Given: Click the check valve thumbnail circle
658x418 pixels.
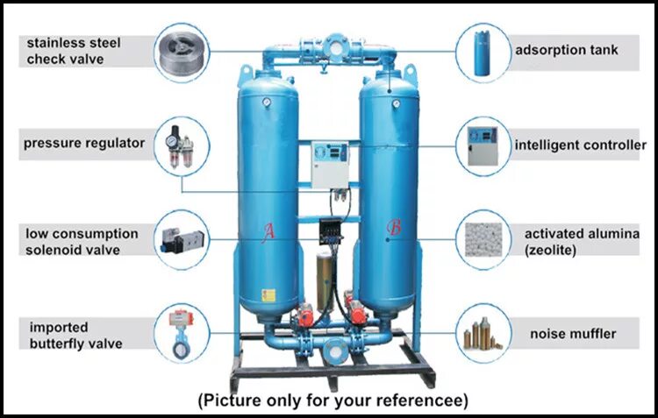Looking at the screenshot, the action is tap(183, 51).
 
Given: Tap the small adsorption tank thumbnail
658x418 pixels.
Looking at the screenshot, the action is tap(482, 51).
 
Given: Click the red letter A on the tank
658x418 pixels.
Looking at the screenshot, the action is tap(270, 230).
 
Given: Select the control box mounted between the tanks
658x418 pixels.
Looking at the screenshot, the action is tap(330, 161).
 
